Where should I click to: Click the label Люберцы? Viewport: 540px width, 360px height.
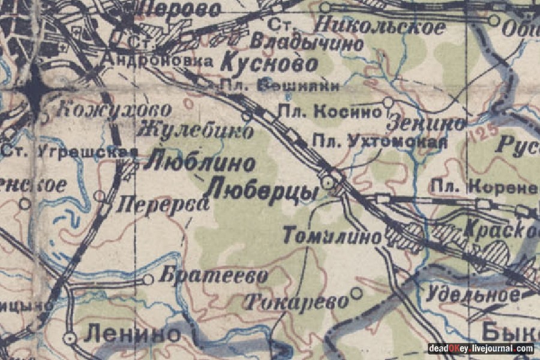point(262,191)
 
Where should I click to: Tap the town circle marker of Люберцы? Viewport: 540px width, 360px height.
point(328,181)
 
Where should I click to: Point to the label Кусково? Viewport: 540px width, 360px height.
point(269,62)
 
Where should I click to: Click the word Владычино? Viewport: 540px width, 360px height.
point(306,43)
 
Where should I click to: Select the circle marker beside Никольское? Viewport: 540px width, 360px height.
point(325,7)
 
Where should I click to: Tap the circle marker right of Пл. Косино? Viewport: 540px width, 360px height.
point(388,103)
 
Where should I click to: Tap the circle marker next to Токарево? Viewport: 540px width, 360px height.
point(356,293)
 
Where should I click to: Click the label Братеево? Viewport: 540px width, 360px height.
point(213,277)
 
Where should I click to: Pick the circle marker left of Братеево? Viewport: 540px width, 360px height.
point(148,279)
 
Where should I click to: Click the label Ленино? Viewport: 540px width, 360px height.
point(132,334)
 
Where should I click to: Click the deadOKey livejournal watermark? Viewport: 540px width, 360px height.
point(480,349)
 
